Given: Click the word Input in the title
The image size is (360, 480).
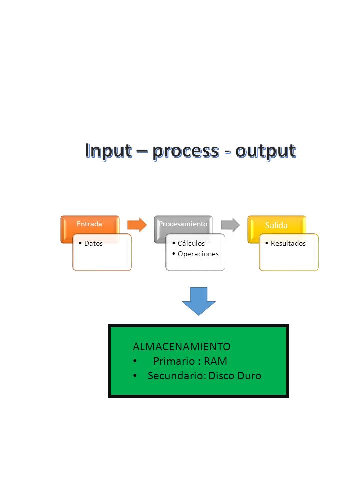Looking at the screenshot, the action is click(109, 151).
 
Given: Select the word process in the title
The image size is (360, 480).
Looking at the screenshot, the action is click(186, 151).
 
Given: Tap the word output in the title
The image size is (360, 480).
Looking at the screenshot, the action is click(265, 151).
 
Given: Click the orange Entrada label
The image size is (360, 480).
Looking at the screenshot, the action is click(89, 224).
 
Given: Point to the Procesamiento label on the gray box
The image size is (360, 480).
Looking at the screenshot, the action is click(183, 224).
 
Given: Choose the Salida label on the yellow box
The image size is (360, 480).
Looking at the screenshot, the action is click(276, 225).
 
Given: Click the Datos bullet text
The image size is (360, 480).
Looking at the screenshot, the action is click(93, 243).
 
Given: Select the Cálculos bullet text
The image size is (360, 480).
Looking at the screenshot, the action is click(191, 243).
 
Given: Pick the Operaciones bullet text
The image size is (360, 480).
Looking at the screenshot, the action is click(198, 254).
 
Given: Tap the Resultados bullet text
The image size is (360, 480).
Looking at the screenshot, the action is click(288, 243).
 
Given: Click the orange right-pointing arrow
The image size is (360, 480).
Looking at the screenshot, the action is click(137, 225).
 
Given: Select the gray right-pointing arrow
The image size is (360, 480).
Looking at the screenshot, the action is click(230, 225).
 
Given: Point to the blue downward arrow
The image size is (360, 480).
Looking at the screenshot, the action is click(199, 301).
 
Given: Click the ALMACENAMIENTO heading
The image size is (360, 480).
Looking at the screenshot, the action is click(182, 347).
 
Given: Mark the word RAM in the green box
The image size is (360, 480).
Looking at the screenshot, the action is click(215, 361).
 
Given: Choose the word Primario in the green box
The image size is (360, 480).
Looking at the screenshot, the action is click(175, 361).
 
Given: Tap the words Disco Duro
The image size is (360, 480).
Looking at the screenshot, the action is click(235, 376).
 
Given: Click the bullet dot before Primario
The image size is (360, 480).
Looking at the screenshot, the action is click(135, 361).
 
